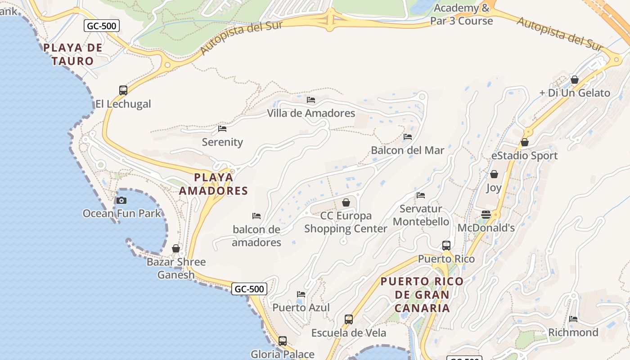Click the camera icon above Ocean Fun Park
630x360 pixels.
[x=121, y=200]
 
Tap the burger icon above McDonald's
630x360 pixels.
[x=486, y=215]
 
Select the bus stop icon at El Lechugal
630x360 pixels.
[x=123, y=90]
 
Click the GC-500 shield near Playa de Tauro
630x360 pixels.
[x=102, y=26]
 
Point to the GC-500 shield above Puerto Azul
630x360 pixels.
[x=249, y=289]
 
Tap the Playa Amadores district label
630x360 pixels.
[x=214, y=184]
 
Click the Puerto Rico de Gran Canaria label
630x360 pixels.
[x=422, y=295]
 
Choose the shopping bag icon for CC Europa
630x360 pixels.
[x=346, y=202]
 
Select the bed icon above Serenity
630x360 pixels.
[x=222, y=129]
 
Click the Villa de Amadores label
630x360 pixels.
[x=311, y=113]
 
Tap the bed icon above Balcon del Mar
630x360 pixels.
[x=408, y=137]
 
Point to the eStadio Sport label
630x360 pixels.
[x=524, y=156]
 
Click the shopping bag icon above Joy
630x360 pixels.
[x=494, y=174]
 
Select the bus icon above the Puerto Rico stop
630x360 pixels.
[x=446, y=246]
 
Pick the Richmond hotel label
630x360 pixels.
[x=573, y=333]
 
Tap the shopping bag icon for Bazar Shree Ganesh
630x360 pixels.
[x=176, y=249]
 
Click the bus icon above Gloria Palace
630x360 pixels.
[x=282, y=341]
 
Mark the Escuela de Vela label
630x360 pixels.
[x=349, y=333]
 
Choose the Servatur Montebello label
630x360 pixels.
[x=421, y=215]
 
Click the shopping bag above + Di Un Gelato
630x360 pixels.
[x=575, y=80]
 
